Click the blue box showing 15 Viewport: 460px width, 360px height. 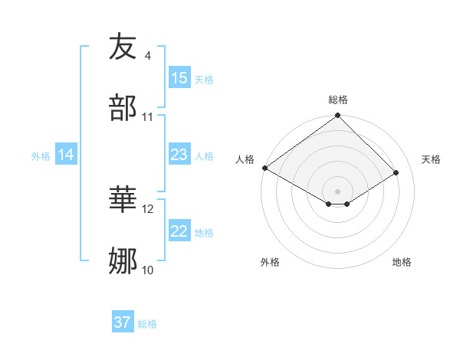pos(179,78)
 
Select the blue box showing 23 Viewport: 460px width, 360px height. pos(179,155)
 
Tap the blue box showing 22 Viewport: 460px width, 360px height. pos(179,231)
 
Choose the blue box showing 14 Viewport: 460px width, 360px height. pos(66,155)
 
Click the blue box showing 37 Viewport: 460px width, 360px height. pos(123,322)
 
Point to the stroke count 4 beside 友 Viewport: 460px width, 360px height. pos(148,55)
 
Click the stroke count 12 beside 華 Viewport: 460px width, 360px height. pos(148,208)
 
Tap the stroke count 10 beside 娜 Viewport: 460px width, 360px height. pos(148,270)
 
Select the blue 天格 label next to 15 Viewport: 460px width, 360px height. pos(204,79)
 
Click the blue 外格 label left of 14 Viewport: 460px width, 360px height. pos(41,155)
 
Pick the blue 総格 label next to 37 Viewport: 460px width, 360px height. pos(147,323)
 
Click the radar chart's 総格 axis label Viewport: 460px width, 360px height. pos(338,100)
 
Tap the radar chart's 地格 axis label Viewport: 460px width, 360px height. pos(402,262)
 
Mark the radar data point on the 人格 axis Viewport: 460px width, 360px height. pos(264,168)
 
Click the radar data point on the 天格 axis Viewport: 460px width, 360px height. pos(396,173)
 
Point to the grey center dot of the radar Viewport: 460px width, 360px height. pos(338,191)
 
